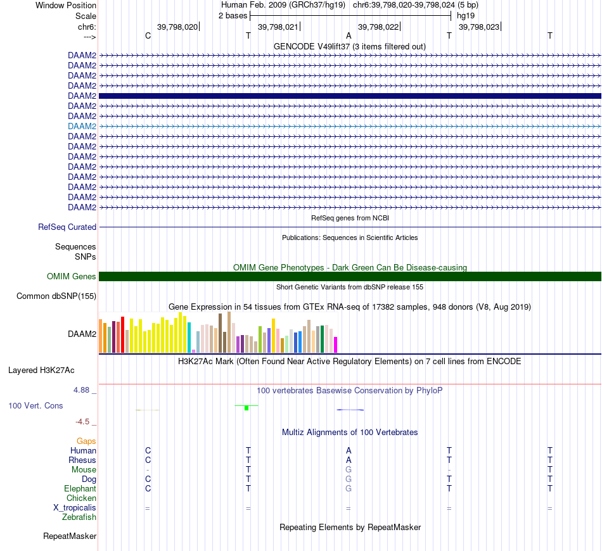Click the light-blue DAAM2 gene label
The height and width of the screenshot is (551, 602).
82,126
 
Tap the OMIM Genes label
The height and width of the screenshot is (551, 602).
72,276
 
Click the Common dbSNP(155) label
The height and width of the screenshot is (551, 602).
56,296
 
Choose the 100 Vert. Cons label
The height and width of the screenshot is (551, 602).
35,405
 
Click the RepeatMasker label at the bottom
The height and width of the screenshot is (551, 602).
70,536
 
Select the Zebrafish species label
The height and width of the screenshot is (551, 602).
79,517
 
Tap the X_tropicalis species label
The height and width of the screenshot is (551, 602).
75,508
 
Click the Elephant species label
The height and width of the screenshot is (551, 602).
80,489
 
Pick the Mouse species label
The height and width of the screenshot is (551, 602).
84,470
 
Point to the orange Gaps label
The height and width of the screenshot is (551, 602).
86,441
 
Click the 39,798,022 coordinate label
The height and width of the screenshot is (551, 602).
378,27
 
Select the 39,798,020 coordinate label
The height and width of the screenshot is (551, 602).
177,27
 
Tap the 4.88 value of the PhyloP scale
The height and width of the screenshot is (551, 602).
82,390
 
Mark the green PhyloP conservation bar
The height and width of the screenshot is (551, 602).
247,407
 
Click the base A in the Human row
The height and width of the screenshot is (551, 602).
349,450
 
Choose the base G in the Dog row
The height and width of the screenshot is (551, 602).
349,479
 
